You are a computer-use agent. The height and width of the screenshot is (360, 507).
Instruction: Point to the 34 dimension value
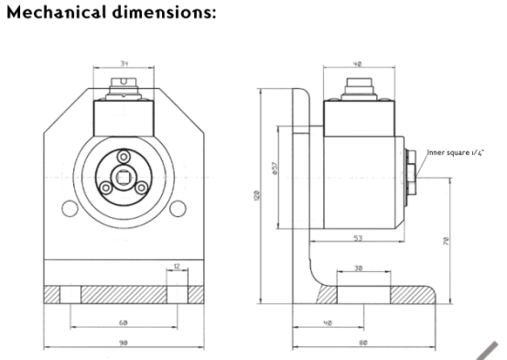coord(123,63)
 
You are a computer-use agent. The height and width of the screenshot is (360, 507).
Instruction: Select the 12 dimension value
coord(176,268)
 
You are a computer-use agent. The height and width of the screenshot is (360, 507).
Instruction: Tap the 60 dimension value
coord(123,322)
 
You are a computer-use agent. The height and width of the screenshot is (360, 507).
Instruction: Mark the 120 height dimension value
coord(259,196)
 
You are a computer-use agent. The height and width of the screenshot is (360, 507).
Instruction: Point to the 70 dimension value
coord(445,242)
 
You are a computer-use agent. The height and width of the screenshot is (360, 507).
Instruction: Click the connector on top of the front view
coord(122,89)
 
